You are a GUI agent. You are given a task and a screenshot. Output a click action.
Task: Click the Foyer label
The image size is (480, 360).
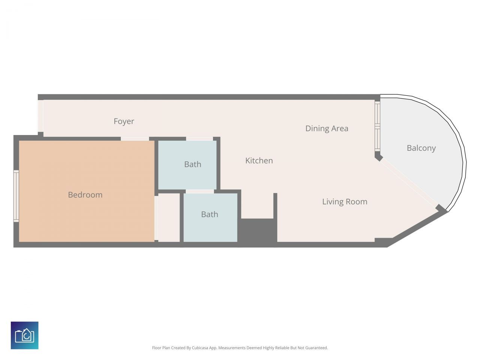[124, 121]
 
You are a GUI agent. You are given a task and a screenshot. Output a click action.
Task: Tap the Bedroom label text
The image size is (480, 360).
[85, 195]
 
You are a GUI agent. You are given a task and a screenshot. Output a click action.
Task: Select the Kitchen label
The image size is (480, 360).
[259, 160]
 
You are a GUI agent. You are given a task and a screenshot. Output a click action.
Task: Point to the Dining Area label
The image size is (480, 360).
[327, 128]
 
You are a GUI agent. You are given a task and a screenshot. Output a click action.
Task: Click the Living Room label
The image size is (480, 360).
[345, 202]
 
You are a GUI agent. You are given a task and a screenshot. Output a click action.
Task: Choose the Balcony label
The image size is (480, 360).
[421, 148]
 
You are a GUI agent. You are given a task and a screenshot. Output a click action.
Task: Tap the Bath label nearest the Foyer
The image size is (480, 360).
[192, 164]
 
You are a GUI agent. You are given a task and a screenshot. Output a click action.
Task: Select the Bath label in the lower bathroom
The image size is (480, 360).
[209, 214]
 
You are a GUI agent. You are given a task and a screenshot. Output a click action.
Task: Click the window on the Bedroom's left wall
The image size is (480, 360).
[16, 196]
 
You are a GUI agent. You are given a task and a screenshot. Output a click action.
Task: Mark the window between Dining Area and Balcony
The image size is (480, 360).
[378, 126]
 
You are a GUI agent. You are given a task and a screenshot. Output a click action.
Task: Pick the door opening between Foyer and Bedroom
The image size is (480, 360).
[135, 139]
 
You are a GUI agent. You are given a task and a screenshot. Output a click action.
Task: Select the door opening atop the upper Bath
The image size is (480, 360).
[199, 139]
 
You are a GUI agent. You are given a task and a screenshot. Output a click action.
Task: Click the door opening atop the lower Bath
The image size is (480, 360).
[199, 191]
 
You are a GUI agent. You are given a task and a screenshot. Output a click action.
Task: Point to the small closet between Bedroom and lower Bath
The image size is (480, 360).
[169, 217]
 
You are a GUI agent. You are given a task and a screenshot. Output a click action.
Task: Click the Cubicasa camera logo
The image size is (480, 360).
[25, 335]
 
